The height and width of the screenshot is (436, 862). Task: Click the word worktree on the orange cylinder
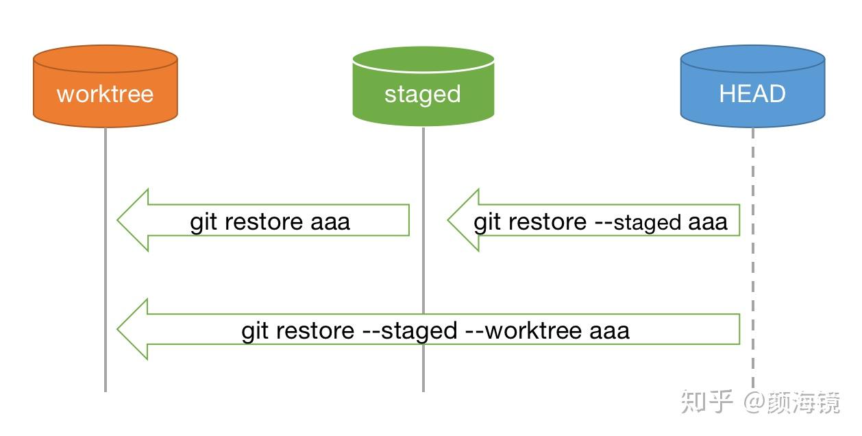[105, 94]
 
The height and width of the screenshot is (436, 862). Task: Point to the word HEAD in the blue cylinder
[752, 94]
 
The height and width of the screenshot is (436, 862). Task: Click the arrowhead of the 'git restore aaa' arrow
[134, 220]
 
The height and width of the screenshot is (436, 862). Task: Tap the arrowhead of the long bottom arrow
[134, 330]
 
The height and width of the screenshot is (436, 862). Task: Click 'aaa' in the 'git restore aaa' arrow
[330, 222]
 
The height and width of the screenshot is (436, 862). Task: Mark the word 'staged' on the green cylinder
[422, 94]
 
